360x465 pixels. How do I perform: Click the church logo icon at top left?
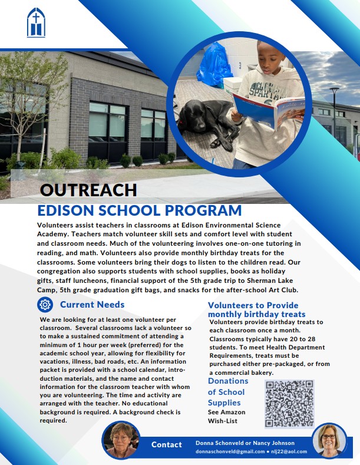tap(36, 22)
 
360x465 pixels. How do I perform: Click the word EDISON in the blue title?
tap(65, 211)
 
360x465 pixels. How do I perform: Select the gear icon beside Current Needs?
tap(44, 304)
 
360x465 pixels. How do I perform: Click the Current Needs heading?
tap(92, 304)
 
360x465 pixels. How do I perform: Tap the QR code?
tap(288, 404)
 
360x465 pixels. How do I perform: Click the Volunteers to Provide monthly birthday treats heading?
tap(257, 309)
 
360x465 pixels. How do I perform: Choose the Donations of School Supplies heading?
tap(228, 391)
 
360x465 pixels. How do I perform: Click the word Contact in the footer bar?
tap(167, 444)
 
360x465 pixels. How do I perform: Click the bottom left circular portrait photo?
tap(121, 441)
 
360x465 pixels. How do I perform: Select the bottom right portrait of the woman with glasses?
tap(330, 441)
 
